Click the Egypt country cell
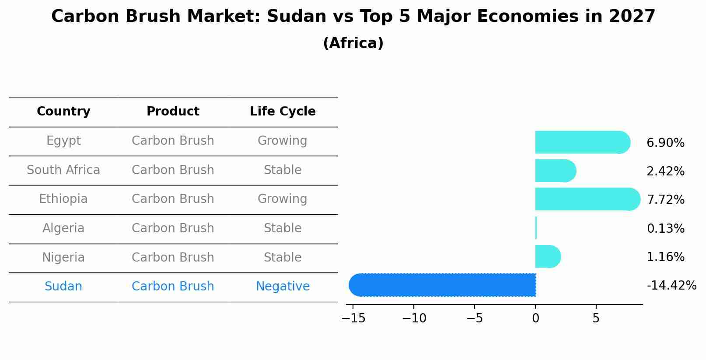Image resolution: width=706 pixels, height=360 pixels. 63,141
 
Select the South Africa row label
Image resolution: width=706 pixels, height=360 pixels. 63,170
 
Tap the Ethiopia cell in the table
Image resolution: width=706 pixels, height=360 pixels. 63,199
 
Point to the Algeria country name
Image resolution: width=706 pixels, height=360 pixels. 63,228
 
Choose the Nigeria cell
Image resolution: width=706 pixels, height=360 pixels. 63,258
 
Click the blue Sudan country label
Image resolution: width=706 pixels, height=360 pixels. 63,287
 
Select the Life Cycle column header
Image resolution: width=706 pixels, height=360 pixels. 283,112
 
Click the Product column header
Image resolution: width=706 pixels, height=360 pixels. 173,112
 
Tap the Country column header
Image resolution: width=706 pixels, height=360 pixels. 63,112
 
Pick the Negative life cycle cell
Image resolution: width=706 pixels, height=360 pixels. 283,287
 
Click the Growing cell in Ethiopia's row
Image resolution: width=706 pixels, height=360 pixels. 283,199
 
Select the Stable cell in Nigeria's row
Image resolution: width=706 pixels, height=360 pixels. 283,258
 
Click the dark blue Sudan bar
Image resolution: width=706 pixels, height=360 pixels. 442,285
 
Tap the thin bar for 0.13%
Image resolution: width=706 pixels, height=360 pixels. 536,228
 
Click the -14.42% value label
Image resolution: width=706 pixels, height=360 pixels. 671,286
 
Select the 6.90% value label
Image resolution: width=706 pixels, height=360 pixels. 665,143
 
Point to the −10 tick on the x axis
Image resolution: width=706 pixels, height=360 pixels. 414,318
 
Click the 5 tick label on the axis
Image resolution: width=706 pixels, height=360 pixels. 596,318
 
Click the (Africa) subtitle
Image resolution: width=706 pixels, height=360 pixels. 353,43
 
